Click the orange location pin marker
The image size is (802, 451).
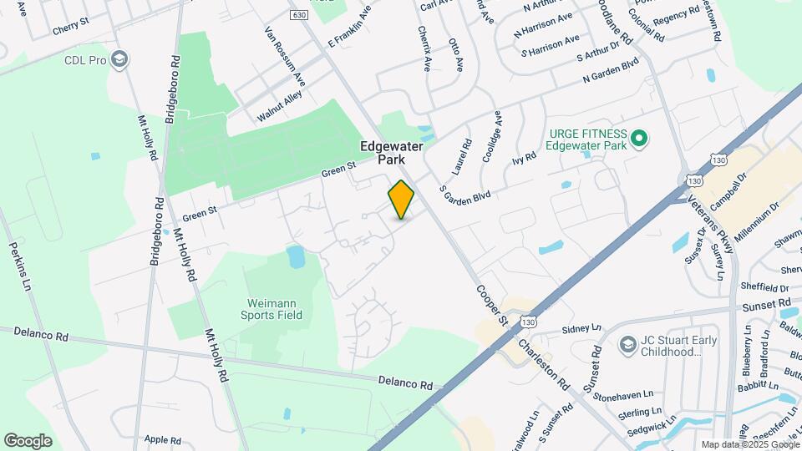point(401,200)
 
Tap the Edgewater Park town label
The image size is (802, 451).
point(392,152)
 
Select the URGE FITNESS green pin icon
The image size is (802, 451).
point(639,138)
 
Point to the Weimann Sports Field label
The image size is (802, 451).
point(274,309)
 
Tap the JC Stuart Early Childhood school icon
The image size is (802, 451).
point(627,344)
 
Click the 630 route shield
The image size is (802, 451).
point(299,15)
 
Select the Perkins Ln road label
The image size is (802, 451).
point(20,266)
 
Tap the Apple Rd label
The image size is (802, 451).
point(163,439)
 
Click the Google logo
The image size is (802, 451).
point(28,440)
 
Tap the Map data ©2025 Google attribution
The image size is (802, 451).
point(749,444)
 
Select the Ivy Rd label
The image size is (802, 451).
point(524,156)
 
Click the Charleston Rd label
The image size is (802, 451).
point(542,365)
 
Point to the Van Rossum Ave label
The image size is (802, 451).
point(284,54)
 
